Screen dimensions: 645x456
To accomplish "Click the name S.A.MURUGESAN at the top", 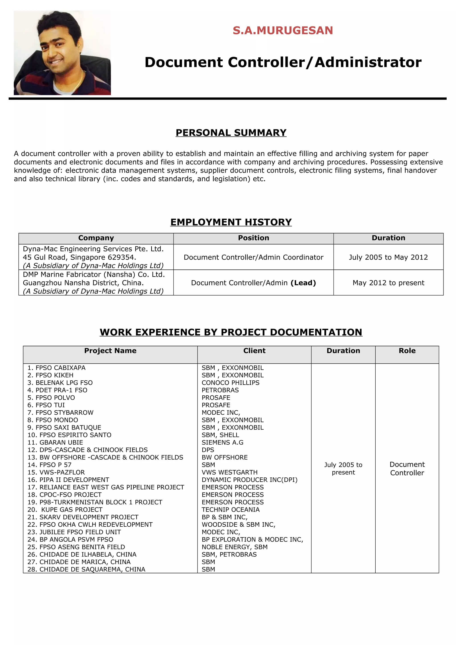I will click(x=283, y=30).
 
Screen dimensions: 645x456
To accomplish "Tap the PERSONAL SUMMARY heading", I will click(x=231, y=133).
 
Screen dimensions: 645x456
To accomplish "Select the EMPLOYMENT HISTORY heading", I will click(x=231, y=222).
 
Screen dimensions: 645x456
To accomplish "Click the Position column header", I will click(x=253, y=238).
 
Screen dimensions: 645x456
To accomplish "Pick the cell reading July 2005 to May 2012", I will click(x=388, y=257).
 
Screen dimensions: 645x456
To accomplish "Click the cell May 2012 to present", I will click(x=388, y=283).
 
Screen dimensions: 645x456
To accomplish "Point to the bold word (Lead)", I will click(x=303, y=283).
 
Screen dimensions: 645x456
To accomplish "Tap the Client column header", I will click(x=254, y=351).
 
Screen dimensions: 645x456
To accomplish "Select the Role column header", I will click(x=407, y=351).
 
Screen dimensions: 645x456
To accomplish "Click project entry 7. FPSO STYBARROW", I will click(x=60, y=412).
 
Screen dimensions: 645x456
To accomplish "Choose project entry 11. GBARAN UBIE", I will click(x=55, y=442).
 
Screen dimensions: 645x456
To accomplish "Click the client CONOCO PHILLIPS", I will click(x=230, y=383).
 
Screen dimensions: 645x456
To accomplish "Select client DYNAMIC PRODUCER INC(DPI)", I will click(x=249, y=480).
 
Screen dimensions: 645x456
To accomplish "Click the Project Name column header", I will click(x=110, y=351).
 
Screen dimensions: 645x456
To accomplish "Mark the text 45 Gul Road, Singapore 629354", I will click(x=79, y=257).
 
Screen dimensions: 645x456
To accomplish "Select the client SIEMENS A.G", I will click(x=222, y=442).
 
